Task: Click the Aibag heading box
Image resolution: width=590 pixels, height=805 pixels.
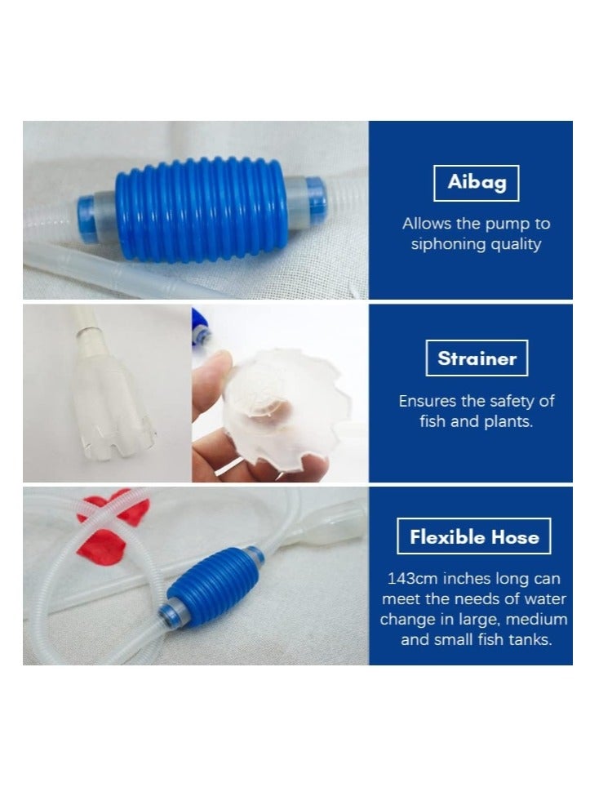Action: pyautogui.click(x=477, y=182)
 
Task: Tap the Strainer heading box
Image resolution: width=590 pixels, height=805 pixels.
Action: pyautogui.click(x=477, y=358)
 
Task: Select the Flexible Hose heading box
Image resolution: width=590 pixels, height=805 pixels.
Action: pyautogui.click(x=474, y=536)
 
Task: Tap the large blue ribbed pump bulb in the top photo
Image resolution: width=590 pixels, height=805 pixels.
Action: pyautogui.click(x=201, y=210)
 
